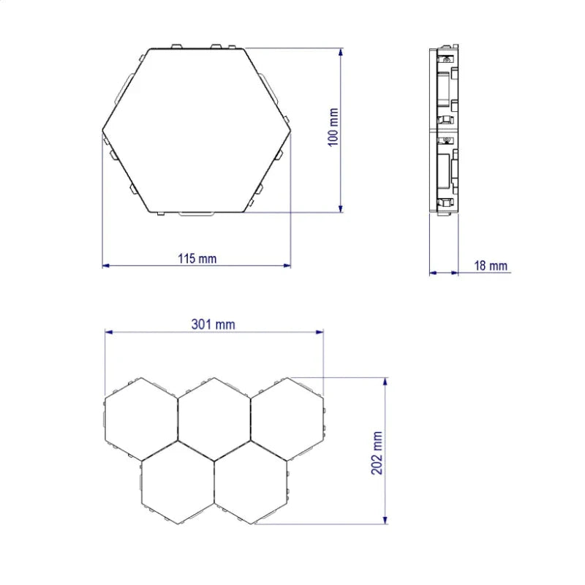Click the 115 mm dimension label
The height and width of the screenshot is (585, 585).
point(197,258)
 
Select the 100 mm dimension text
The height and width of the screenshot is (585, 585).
point(334,127)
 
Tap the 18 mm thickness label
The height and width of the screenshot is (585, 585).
point(491,266)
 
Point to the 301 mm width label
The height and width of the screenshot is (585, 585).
point(214,324)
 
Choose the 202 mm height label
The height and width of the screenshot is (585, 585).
point(377,453)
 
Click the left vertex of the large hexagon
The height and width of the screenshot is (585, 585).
point(102,130)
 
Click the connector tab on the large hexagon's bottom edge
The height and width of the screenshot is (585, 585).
point(196,214)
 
